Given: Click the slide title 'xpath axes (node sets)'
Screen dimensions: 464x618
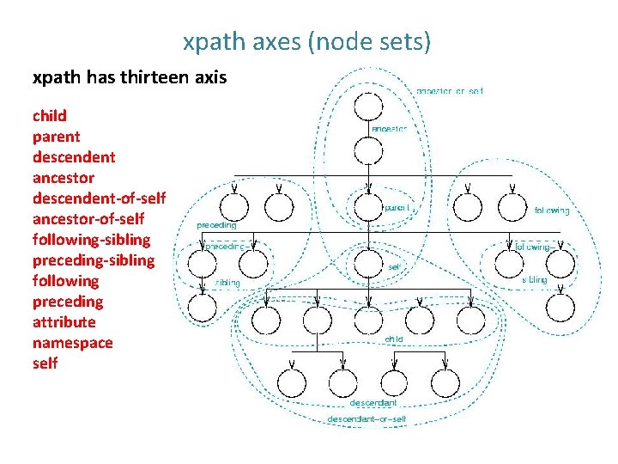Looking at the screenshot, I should [306, 41].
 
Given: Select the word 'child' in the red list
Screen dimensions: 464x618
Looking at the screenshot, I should [50, 116].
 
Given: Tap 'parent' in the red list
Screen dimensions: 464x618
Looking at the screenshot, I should [56, 137].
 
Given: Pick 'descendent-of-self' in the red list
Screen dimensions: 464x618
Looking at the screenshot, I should [98, 198].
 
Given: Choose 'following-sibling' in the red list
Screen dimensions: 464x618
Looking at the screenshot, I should [90, 240].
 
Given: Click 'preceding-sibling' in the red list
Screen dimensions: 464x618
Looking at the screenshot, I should [94, 260].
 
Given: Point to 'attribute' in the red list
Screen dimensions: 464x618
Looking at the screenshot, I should [64, 322].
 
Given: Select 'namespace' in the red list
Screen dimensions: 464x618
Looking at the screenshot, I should [72, 343].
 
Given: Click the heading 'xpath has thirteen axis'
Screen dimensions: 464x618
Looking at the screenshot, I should [130, 78].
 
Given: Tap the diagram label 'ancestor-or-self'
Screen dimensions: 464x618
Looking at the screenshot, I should [450, 89].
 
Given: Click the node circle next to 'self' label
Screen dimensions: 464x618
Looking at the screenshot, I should [368, 263].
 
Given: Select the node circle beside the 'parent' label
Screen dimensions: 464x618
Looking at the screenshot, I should [368, 206].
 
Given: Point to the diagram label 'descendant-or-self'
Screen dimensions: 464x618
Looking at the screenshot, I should [367, 419].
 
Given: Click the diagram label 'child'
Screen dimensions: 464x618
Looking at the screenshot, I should [394, 339].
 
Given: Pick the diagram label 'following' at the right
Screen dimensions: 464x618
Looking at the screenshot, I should [551, 211].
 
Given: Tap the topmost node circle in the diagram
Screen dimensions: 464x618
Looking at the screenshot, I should [368, 108].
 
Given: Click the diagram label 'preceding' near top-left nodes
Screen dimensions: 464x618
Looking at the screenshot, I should [217, 224].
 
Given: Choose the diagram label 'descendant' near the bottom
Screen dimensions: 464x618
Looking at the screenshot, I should [373, 402].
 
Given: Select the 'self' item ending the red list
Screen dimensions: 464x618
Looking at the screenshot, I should [45, 363].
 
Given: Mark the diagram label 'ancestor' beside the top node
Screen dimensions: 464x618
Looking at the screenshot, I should [389, 129].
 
